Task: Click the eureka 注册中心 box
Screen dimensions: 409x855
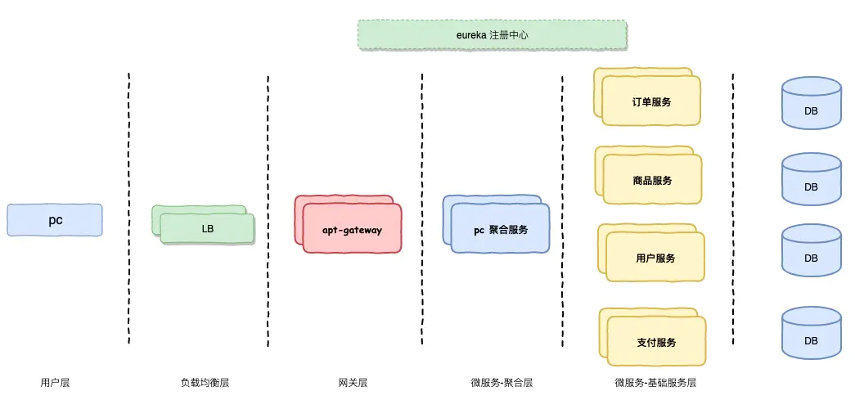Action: tap(493, 35)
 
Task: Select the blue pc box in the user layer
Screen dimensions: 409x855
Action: tap(55, 220)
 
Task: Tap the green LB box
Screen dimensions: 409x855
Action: tap(207, 228)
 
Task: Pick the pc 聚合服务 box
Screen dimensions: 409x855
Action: tap(500, 230)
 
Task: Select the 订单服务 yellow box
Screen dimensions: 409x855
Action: tap(651, 101)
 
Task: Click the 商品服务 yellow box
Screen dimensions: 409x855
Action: tap(651, 180)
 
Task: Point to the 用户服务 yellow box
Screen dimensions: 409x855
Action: tap(655, 258)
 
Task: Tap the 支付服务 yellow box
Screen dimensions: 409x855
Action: tap(655, 341)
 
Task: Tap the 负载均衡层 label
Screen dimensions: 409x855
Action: tap(205, 382)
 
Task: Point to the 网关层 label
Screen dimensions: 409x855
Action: tap(353, 382)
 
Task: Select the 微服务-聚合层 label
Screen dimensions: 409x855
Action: tap(502, 382)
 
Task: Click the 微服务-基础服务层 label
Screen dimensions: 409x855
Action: tap(655, 382)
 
